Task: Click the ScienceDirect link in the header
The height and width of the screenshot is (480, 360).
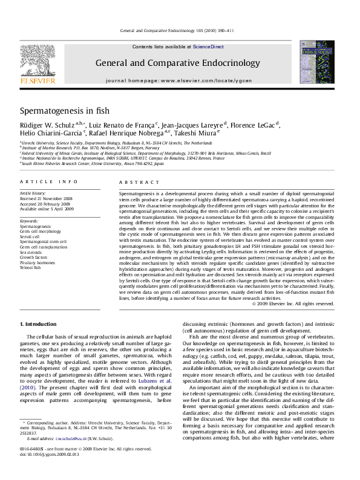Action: (x=209, y=47)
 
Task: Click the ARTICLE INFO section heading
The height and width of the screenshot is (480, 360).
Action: (x=48, y=182)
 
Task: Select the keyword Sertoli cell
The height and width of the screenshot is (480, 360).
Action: (x=30, y=236)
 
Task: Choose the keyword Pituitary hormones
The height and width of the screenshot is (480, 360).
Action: (x=38, y=262)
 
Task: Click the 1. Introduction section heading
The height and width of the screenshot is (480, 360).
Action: (x=38, y=324)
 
